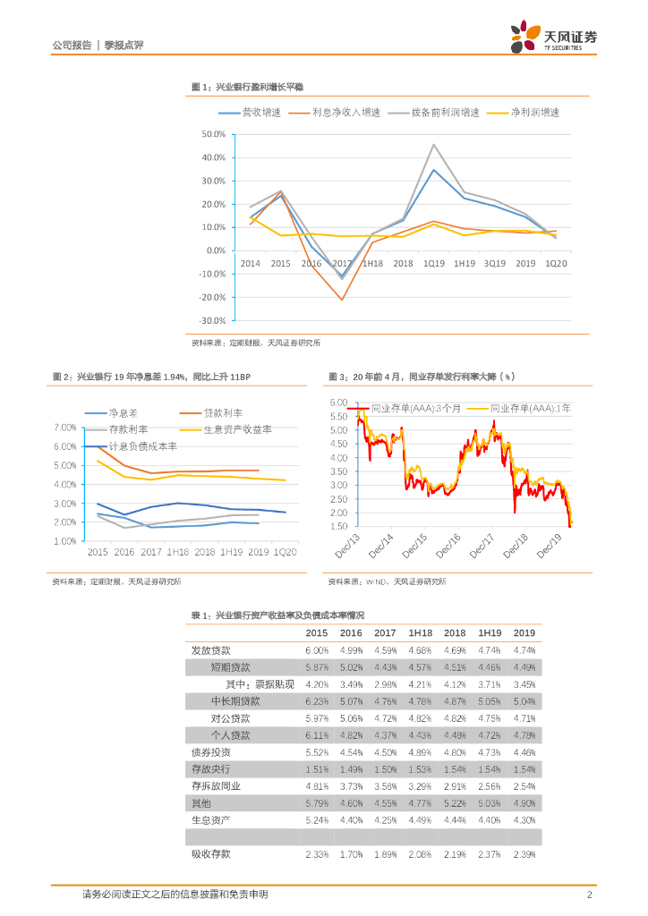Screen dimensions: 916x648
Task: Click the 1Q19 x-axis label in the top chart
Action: [x=434, y=263]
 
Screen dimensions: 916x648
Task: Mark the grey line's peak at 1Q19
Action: [x=434, y=145]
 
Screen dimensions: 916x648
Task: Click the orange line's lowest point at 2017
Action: [x=341, y=300]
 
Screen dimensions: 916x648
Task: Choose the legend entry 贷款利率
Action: [x=224, y=412]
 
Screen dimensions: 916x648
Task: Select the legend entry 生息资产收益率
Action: [x=237, y=429]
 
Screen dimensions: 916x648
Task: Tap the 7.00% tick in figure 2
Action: [x=65, y=428]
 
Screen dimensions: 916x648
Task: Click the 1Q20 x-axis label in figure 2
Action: [x=286, y=553]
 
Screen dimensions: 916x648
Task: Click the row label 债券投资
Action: [x=210, y=751]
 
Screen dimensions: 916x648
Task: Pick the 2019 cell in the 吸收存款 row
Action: [x=524, y=854]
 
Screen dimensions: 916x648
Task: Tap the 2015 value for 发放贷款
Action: [x=317, y=650]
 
